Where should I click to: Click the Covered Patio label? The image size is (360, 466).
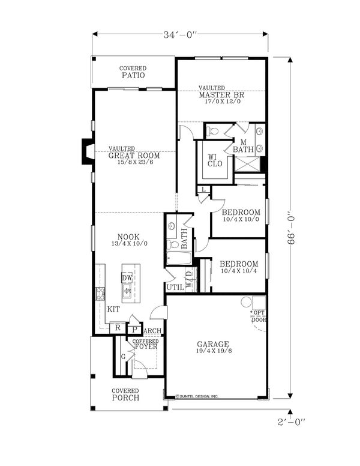tap(133, 73)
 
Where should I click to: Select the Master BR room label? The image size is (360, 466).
tap(221, 95)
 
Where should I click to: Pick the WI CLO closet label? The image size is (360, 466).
tap(214, 161)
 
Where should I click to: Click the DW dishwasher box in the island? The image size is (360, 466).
tap(127, 278)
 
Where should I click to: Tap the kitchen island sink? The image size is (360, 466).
tap(127, 292)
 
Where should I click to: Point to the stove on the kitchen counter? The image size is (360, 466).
tap(99, 294)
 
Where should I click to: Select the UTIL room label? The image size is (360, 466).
tap(175, 287)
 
